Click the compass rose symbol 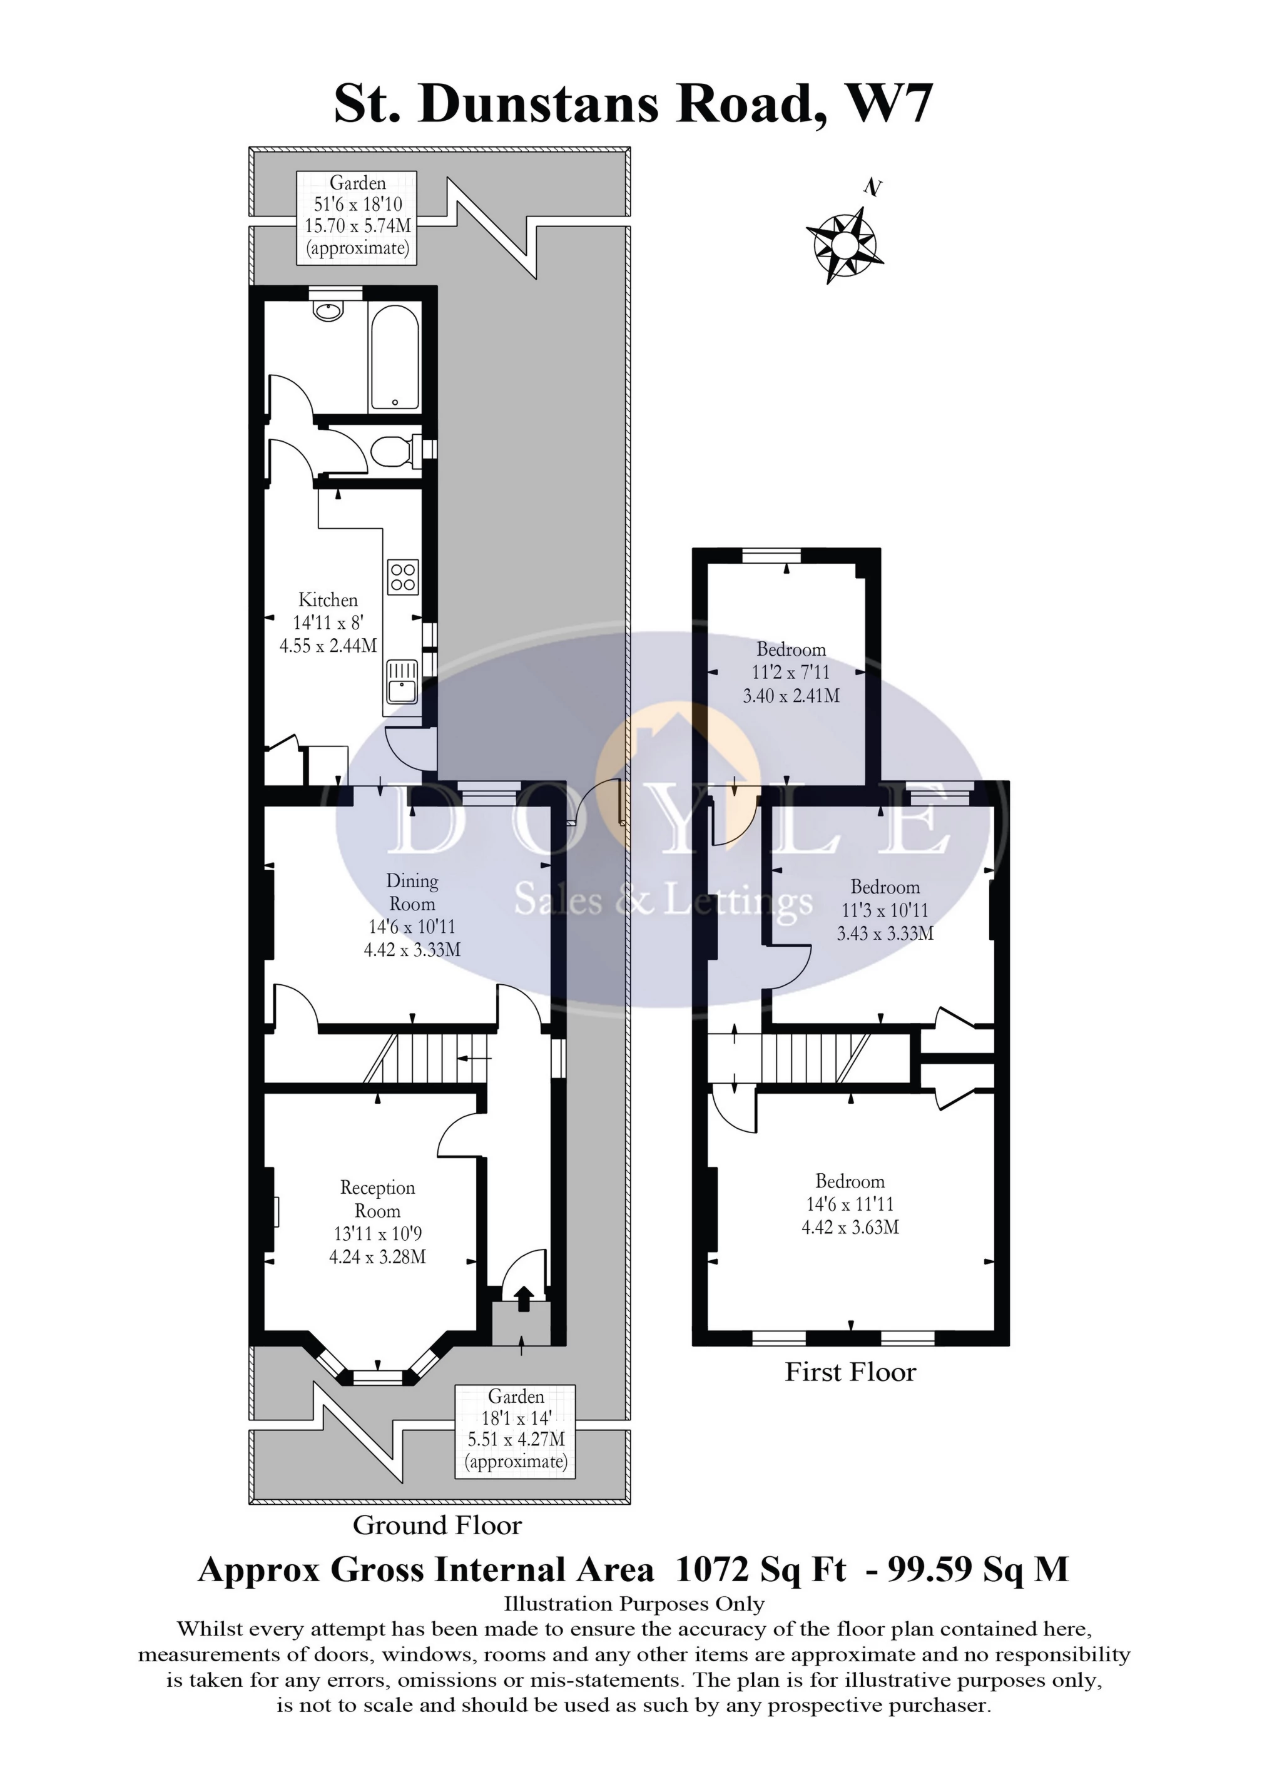click(x=844, y=243)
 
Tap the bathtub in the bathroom click(x=395, y=357)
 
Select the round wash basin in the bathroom click(x=328, y=310)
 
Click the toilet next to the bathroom click(x=394, y=451)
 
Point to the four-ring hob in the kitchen click(x=403, y=578)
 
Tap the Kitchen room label click(x=328, y=599)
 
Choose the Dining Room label click(x=412, y=892)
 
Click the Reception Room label click(x=377, y=1199)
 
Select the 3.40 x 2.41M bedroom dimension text click(x=791, y=695)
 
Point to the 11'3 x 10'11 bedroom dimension click(x=885, y=909)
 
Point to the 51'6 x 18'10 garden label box click(x=357, y=217)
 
